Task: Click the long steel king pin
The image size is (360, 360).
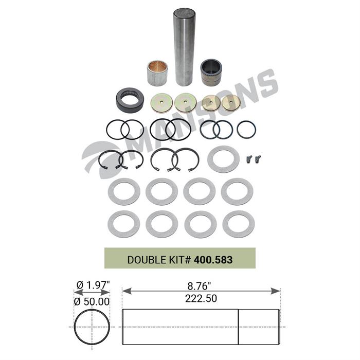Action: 184,47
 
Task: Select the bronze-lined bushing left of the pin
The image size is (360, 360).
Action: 157,73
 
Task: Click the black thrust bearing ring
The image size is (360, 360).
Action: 130,100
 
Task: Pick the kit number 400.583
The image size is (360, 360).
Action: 213,260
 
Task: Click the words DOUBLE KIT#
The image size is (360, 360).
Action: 159,260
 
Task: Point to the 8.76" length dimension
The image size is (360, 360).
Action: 199,286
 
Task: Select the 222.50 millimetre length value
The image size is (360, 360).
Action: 201,298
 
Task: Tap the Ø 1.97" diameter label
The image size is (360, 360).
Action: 93,285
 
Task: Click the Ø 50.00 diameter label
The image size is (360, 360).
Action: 92,301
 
